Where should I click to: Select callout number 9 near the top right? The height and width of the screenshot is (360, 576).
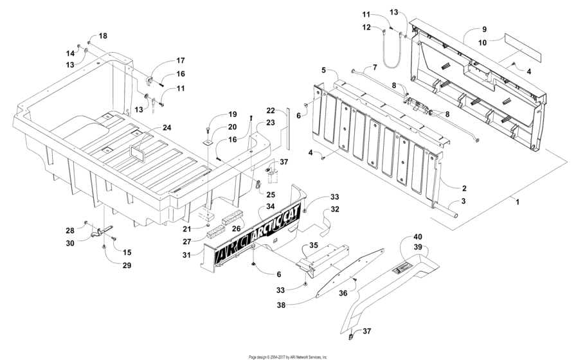[485, 30]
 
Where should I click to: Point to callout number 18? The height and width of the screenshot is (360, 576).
[103, 35]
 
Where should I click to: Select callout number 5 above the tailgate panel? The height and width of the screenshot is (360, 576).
[325, 70]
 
